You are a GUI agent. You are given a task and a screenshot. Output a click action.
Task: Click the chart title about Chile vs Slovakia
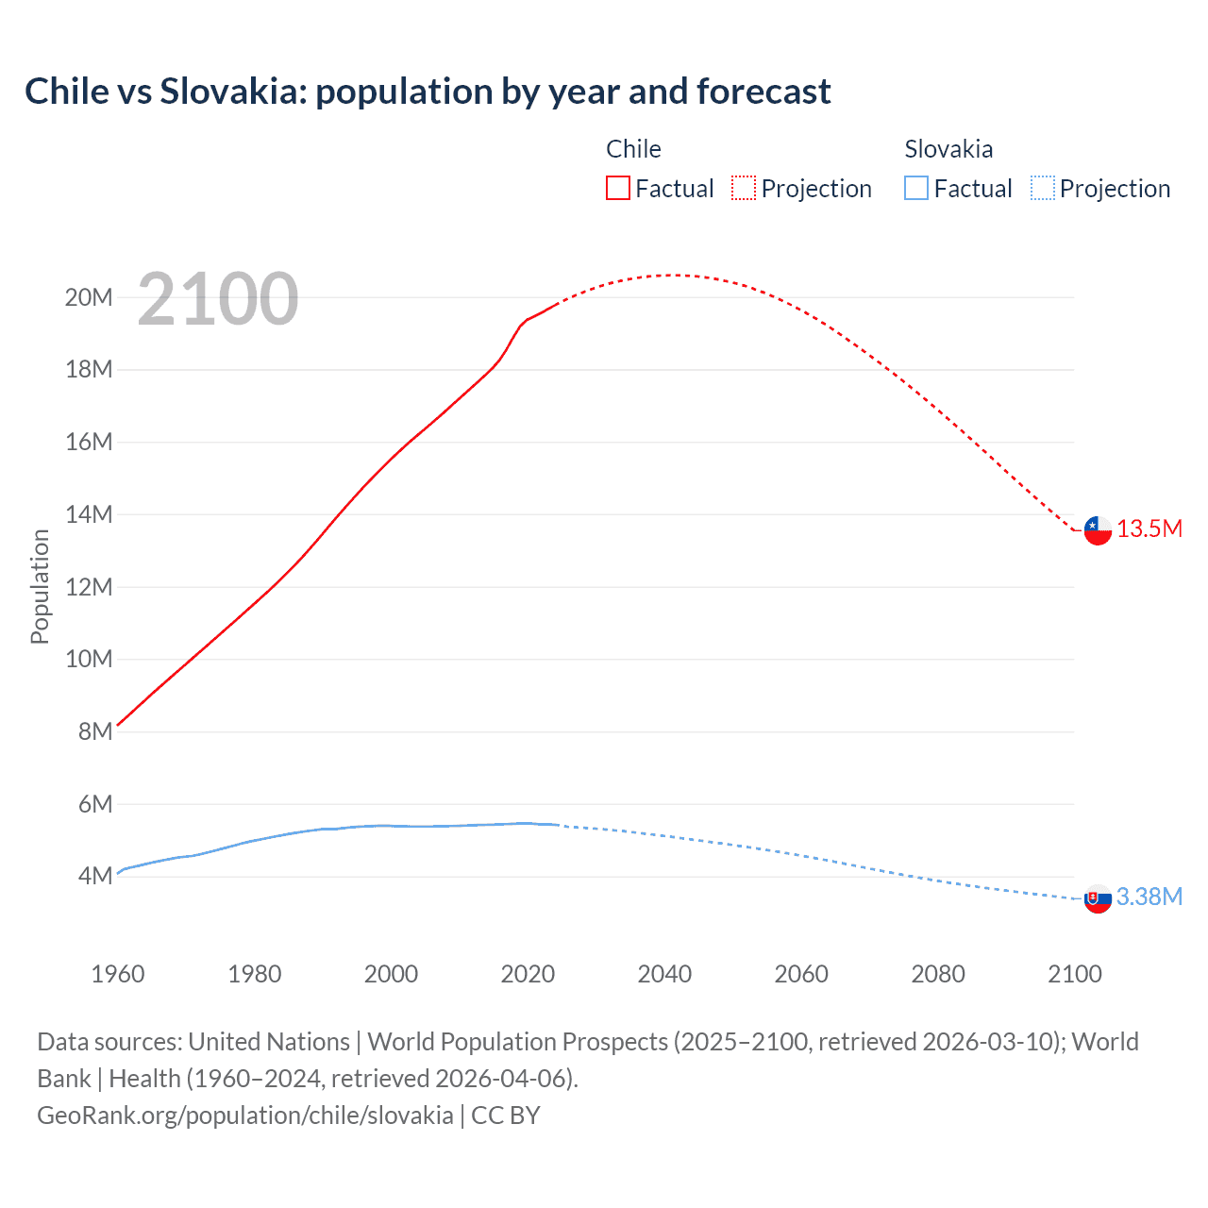click(428, 92)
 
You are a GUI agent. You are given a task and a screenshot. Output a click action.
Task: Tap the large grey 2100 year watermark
click(218, 299)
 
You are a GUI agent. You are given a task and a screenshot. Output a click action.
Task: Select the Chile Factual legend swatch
click(617, 188)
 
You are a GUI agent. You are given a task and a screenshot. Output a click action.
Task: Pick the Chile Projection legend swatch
click(744, 188)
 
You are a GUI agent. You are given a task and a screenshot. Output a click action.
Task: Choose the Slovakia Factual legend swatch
click(915, 188)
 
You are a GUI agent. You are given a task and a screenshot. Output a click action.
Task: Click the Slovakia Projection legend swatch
click(1042, 188)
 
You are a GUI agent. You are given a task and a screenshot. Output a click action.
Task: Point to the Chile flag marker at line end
click(1098, 530)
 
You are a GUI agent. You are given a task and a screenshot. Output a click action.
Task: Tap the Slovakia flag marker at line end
click(1098, 899)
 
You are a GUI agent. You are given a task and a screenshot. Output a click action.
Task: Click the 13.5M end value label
click(1149, 529)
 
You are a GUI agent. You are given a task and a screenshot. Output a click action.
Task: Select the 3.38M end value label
click(1149, 897)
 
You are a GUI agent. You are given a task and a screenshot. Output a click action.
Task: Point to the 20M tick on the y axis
click(89, 298)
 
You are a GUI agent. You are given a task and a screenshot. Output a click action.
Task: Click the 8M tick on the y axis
click(95, 731)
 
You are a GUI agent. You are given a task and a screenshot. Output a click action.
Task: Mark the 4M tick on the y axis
click(95, 876)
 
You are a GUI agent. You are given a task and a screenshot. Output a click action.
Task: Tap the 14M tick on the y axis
click(89, 514)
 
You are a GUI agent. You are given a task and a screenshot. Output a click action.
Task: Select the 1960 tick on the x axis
click(118, 974)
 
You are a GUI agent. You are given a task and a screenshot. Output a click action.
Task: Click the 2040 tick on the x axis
click(664, 974)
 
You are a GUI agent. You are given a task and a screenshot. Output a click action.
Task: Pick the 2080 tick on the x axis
click(938, 974)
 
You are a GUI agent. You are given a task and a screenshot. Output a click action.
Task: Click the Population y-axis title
click(40, 586)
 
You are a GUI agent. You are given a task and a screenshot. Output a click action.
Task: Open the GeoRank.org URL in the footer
click(245, 1116)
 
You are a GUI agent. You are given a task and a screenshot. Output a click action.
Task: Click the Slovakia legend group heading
click(948, 149)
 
